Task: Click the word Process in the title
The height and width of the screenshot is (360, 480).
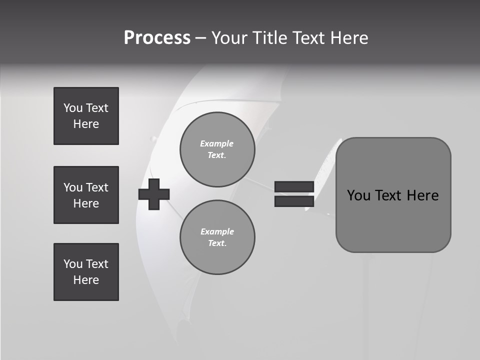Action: point(157,38)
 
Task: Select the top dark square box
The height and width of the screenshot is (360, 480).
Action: point(86,116)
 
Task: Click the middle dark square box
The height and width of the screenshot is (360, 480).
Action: point(86,195)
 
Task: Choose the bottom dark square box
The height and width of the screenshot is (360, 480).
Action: point(86,272)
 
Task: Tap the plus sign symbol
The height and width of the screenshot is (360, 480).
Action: point(154,194)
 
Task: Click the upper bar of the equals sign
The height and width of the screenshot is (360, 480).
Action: point(294,186)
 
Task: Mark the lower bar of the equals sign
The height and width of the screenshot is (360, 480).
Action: point(294,201)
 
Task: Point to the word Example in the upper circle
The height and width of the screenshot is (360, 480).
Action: point(216,143)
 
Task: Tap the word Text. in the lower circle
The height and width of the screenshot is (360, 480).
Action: point(217,243)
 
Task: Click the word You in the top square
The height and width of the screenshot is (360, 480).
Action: point(72,108)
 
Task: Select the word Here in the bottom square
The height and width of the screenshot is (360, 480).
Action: point(86,280)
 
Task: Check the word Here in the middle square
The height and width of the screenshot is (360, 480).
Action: point(86,203)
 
